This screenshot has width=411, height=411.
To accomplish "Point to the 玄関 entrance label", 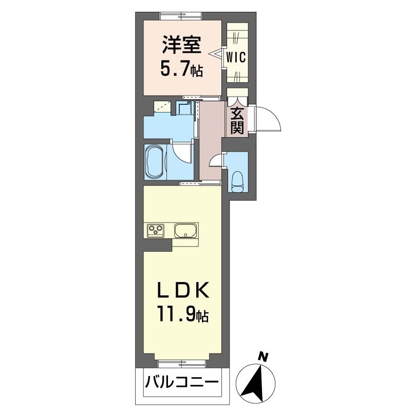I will pos(237,121).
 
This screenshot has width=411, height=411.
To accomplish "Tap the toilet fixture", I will pos(238,181).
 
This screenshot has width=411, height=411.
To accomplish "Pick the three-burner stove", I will pos(156,231).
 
